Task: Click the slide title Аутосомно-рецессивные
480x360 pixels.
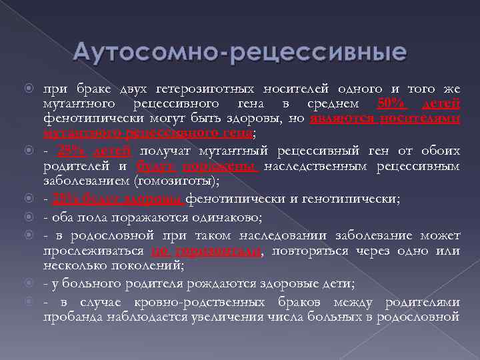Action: pyautogui.click(x=239, y=51)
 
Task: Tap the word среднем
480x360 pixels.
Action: pyautogui.click(x=333, y=103)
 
